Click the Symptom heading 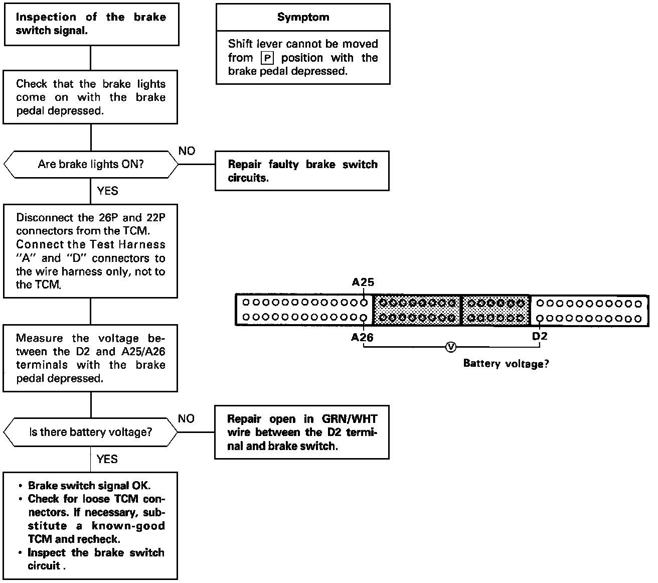pos(303,17)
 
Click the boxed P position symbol pos(268,58)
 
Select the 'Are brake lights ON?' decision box pos(90,164)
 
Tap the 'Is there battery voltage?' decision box pos(90,432)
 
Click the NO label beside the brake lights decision pos(187,151)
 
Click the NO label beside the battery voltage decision pos(186,419)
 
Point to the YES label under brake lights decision pos(107,191)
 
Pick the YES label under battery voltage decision pos(107,459)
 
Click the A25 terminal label pos(363,282)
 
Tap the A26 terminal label pos(362,337)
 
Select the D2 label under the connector pos(540,336)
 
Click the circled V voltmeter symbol pos(450,347)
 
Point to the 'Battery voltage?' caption pos(506,364)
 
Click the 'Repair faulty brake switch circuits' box pos(302,171)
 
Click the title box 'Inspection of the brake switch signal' pos(91,24)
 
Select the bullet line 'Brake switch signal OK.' pos(89,486)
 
